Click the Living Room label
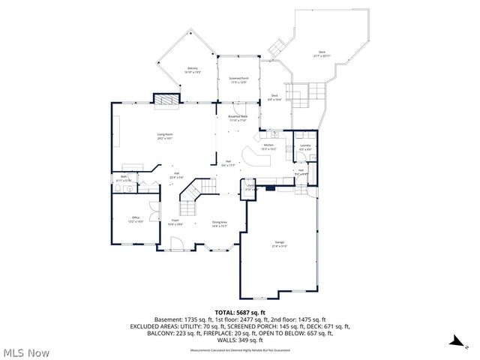click(164, 135)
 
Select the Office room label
click(136, 218)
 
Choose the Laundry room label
click(305, 146)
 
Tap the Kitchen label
click(268, 145)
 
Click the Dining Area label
click(220, 223)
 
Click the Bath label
click(124, 178)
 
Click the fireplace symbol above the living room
click(166, 99)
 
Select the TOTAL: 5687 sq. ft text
click(240, 311)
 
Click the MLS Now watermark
click(26, 351)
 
